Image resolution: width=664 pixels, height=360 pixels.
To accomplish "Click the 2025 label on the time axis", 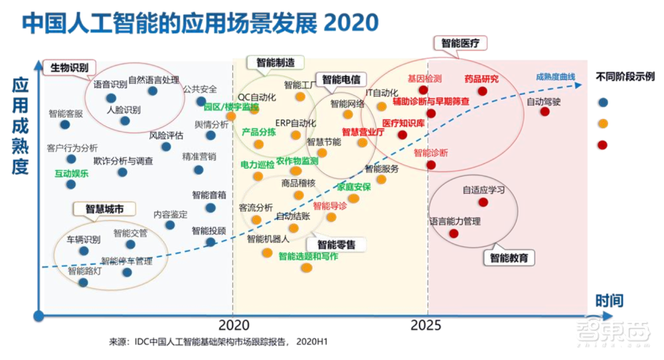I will click(x=425, y=325).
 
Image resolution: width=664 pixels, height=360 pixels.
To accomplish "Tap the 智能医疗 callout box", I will click(x=460, y=43).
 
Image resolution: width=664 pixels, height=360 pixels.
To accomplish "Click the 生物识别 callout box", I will click(x=70, y=67).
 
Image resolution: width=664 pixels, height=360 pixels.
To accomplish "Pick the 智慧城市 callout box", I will click(x=105, y=209).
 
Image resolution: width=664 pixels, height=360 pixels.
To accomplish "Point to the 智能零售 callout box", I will click(x=336, y=244).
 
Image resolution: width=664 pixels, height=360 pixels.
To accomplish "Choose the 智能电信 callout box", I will click(x=340, y=80).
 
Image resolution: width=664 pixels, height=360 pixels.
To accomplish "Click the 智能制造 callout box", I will click(x=275, y=62).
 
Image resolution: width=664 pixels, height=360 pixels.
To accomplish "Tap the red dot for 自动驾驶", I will click(x=545, y=112).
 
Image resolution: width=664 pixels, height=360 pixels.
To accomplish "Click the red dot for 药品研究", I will click(x=482, y=91).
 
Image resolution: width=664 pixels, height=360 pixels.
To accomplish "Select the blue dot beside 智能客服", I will click(x=64, y=124).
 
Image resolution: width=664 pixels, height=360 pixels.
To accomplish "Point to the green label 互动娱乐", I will click(x=71, y=173).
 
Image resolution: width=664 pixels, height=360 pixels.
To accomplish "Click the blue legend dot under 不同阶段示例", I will click(x=603, y=102).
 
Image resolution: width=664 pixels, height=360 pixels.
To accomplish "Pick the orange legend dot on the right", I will click(x=603, y=124).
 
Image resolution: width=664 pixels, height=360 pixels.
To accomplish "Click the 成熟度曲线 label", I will click(x=555, y=77).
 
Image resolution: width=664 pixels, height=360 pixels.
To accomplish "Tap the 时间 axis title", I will click(x=609, y=301).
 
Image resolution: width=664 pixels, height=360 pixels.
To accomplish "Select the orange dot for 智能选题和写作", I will click(x=306, y=267).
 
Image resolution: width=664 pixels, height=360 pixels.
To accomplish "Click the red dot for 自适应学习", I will click(x=483, y=202).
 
